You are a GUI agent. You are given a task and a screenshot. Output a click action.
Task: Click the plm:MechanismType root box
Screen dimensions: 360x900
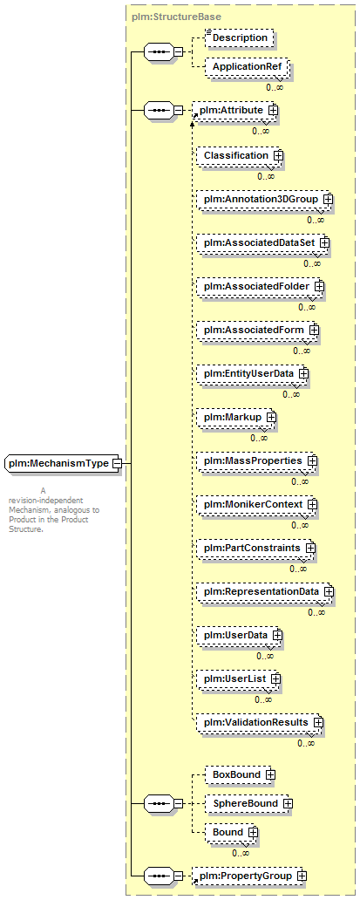pyautogui.click(x=63, y=463)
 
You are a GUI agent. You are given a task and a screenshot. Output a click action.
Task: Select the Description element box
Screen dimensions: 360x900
pyautogui.click(x=240, y=37)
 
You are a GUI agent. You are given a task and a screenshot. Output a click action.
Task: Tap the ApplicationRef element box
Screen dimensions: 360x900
pyautogui.click(x=248, y=66)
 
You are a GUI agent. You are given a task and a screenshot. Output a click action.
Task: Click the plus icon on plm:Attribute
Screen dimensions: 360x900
pyautogui.click(x=273, y=110)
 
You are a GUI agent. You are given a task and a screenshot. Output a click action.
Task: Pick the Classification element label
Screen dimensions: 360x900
pyautogui.click(x=236, y=155)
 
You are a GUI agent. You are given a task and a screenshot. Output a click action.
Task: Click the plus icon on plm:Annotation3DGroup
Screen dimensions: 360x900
pyautogui.click(x=329, y=199)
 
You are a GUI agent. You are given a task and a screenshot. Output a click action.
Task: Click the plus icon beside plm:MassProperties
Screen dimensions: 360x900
pyautogui.click(x=312, y=461)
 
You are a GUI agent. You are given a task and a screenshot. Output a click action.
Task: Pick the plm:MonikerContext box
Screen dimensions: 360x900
pyautogui.click(x=257, y=504)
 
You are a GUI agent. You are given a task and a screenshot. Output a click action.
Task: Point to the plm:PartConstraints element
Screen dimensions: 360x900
pyautogui.click(x=256, y=549)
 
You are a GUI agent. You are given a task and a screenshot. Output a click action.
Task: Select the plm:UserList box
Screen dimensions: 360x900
pyautogui.click(x=239, y=678)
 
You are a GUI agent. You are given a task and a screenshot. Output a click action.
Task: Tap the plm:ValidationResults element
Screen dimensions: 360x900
pyautogui.click(x=261, y=722)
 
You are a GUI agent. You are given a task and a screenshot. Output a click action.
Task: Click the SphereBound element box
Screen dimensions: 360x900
pyautogui.click(x=249, y=803)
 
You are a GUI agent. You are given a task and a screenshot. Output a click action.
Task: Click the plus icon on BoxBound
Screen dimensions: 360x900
pyautogui.click(x=270, y=775)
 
